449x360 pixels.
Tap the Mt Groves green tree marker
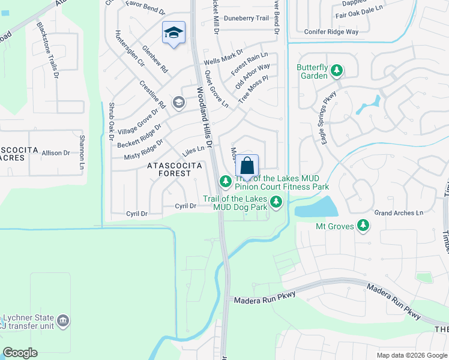(x=363, y=226)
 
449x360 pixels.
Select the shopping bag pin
(x=247, y=165)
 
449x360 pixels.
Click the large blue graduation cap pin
(x=173, y=32)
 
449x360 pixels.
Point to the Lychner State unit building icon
(x=63, y=322)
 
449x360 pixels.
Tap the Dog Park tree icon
(x=276, y=203)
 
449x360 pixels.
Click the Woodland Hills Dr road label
(x=205, y=118)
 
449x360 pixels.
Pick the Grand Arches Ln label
(x=399, y=213)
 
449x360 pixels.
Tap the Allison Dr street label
(x=56, y=154)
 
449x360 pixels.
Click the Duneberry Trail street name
(x=246, y=19)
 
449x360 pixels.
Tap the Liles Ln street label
(x=193, y=150)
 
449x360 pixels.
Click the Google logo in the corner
(x=20, y=353)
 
